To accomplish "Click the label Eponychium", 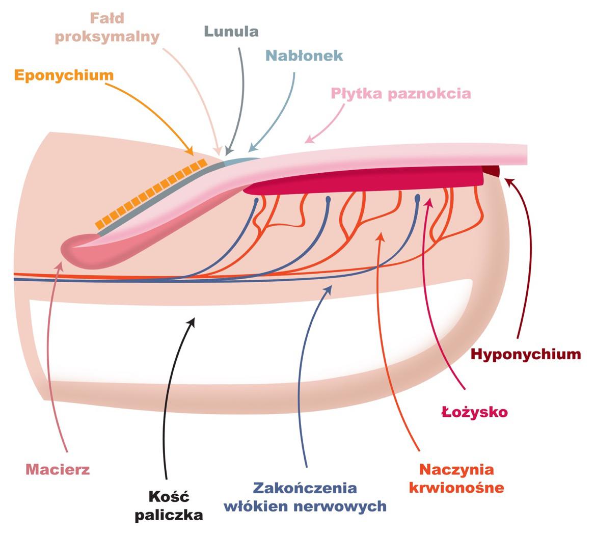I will pyautogui.click(x=64, y=75).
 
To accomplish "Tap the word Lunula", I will pyautogui.click(x=231, y=32).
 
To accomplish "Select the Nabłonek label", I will pyautogui.click(x=304, y=56).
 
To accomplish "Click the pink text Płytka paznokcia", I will pyautogui.click(x=401, y=94).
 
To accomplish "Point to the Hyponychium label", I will pyautogui.click(x=526, y=354).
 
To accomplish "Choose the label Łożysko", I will pyautogui.click(x=474, y=412).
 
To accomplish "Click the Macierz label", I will pyautogui.click(x=58, y=469).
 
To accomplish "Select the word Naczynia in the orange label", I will pyautogui.click(x=456, y=469).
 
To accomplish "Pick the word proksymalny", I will pyautogui.click(x=107, y=37).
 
